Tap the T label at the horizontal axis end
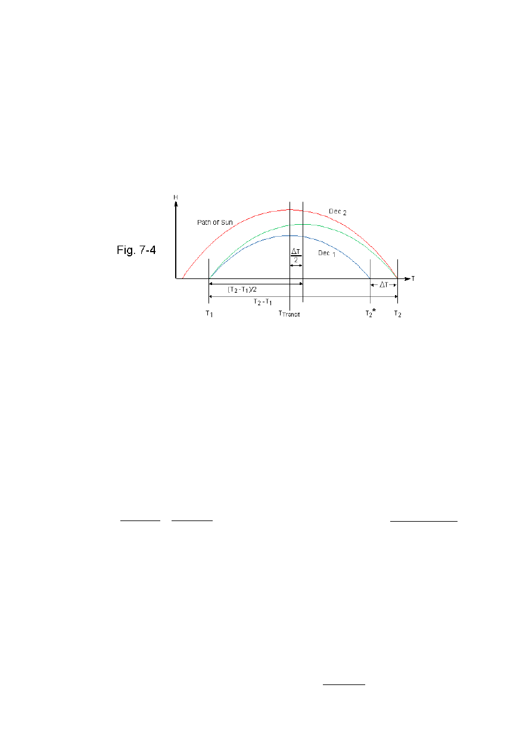pyautogui.click(x=413, y=278)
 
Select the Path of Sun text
pyautogui.click(x=216, y=222)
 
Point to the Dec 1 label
pyautogui.click(x=326, y=253)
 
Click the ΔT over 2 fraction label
pyautogui.click(x=296, y=255)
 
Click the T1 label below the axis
pyautogui.click(x=209, y=314)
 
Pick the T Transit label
pyautogui.click(x=290, y=314)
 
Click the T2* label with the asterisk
pyautogui.click(x=371, y=314)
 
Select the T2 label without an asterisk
pyautogui.click(x=397, y=314)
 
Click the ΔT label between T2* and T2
pyautogui.click(x=384, y=285)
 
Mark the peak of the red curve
pyautogui.click(x=290, y=209)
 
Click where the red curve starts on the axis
pyautogui.click(x=182, y=278)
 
